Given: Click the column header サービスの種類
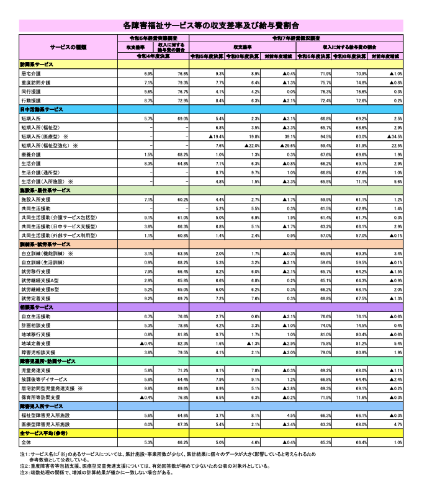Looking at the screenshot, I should click(69, 47).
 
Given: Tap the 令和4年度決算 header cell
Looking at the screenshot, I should click(155, 56).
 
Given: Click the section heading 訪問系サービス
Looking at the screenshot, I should click(37, 65).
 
